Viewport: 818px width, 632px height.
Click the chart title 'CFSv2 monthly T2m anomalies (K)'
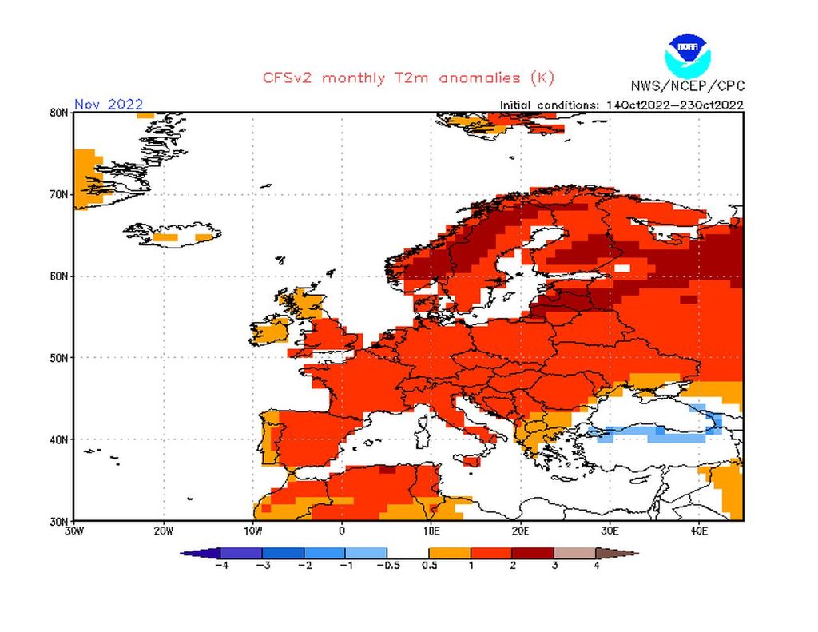coord(407,78)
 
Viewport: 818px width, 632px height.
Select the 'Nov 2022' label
coord(109,104)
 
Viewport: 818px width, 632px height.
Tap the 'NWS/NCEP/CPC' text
coord(687,86)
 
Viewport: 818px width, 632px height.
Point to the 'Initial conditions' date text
coord(621,105)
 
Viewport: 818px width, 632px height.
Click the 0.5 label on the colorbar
coord(429,566)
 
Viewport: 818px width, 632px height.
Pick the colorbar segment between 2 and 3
coord(533,552)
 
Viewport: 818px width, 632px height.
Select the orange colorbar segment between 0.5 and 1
coord(450,552)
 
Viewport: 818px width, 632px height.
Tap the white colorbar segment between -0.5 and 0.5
coord(407,552)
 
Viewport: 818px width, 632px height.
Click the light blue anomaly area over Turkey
coord(655,434)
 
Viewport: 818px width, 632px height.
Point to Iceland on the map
coord(172,233)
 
